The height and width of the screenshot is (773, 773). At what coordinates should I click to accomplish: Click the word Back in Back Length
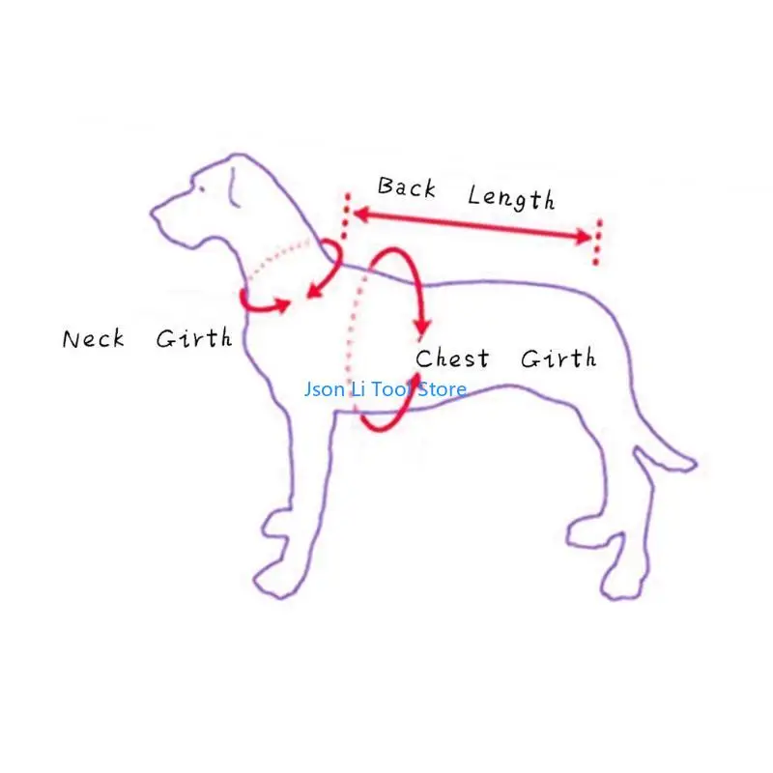click(406, 187)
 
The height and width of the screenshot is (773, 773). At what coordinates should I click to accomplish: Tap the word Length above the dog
click(511, 198)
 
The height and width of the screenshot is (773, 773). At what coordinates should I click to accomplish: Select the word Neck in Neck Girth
click(94, 339)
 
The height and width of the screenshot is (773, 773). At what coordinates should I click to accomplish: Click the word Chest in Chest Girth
click(452, 359)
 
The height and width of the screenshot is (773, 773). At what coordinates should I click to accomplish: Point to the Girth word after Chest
click(558, 358)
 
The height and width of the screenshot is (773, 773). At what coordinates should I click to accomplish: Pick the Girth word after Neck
click(193, 338)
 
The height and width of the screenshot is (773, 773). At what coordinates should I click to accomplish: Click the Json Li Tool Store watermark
click(385, 389)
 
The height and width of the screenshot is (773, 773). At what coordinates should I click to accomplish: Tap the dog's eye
click(201, 187)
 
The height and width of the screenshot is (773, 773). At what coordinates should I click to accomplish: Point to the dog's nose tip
click(153, 211)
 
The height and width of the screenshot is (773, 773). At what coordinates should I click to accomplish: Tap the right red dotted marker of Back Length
click(598, 242)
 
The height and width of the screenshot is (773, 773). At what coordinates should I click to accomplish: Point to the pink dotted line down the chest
click(352, 338)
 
